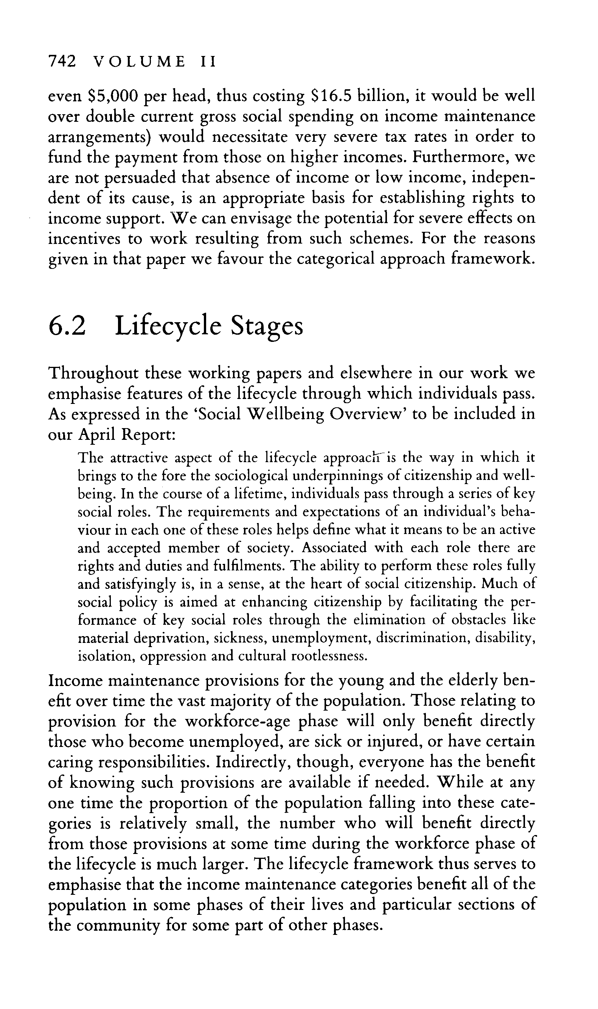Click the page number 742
[62, 61]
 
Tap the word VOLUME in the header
[140, 62]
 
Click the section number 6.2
[67, 326]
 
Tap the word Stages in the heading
[266, 326]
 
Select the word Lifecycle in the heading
[168, 326]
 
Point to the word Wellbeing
[286, 414]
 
